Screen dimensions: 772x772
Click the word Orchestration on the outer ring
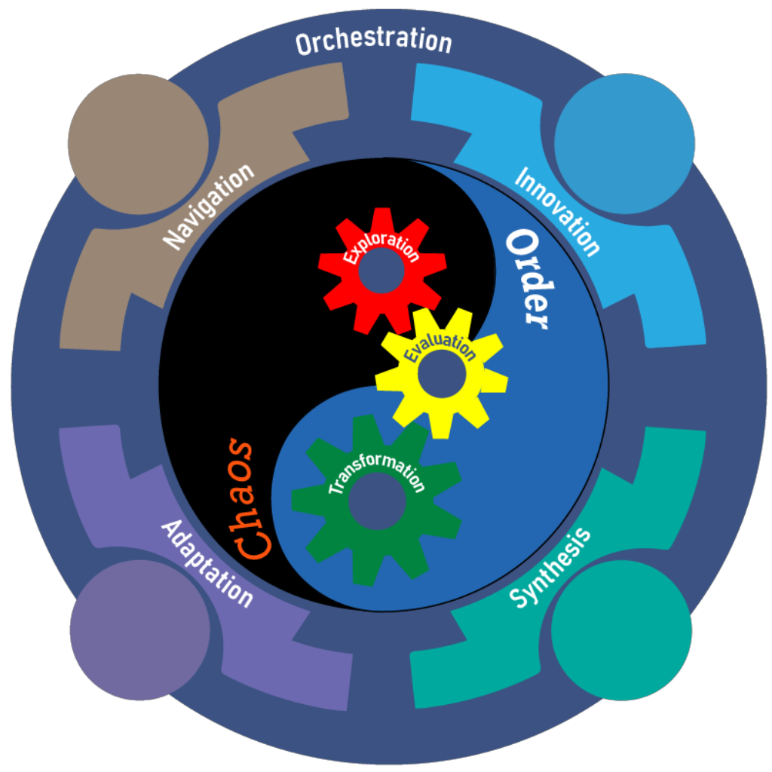tap(373, 41)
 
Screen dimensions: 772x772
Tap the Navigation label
tap(209, 207)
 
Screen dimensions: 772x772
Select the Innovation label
tap(558, 211)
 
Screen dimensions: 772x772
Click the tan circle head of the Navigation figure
tap(138, 144)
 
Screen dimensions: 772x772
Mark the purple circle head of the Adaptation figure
tap(139, 630)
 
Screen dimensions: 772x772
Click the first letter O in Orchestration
tap(305, 44)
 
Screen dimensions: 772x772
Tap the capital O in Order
tap(522, 245)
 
